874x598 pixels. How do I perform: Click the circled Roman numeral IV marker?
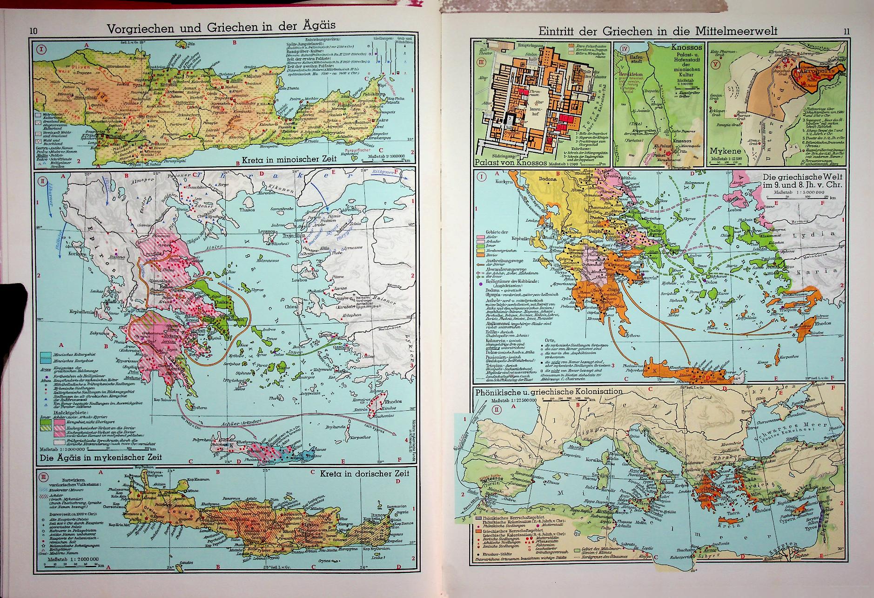pyautogui.click(x=619, y=48)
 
